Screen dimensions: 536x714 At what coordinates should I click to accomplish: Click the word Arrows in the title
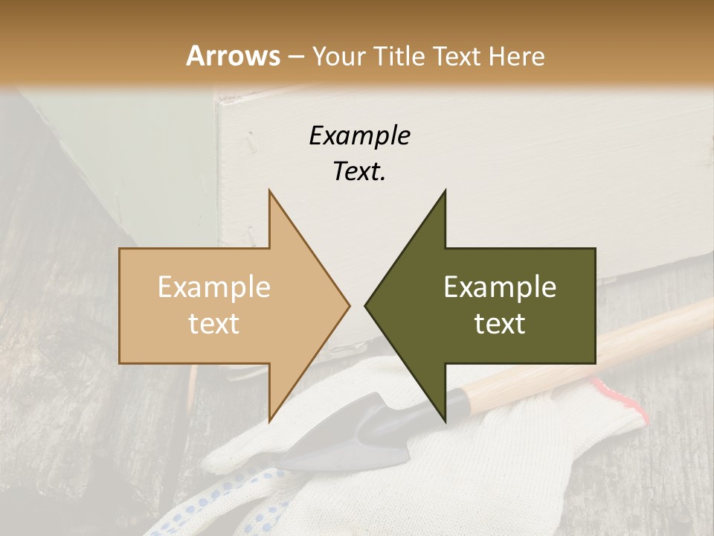234,56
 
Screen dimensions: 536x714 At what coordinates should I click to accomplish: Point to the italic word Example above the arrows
359,136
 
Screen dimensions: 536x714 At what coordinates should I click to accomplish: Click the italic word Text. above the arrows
359,171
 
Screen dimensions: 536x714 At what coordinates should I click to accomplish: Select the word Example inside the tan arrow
214,287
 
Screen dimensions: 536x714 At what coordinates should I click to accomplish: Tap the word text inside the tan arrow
214,324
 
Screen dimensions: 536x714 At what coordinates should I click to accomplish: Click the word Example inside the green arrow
500,287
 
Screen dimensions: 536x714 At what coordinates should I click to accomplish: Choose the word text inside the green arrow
500,324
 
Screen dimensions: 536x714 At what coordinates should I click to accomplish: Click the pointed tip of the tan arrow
348,305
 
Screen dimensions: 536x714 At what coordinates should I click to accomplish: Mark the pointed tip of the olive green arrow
366,305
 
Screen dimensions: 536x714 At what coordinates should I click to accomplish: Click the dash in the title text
295,57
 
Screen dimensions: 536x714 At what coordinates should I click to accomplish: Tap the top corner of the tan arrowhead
270,192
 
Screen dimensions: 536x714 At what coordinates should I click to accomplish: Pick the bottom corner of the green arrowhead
445,420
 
